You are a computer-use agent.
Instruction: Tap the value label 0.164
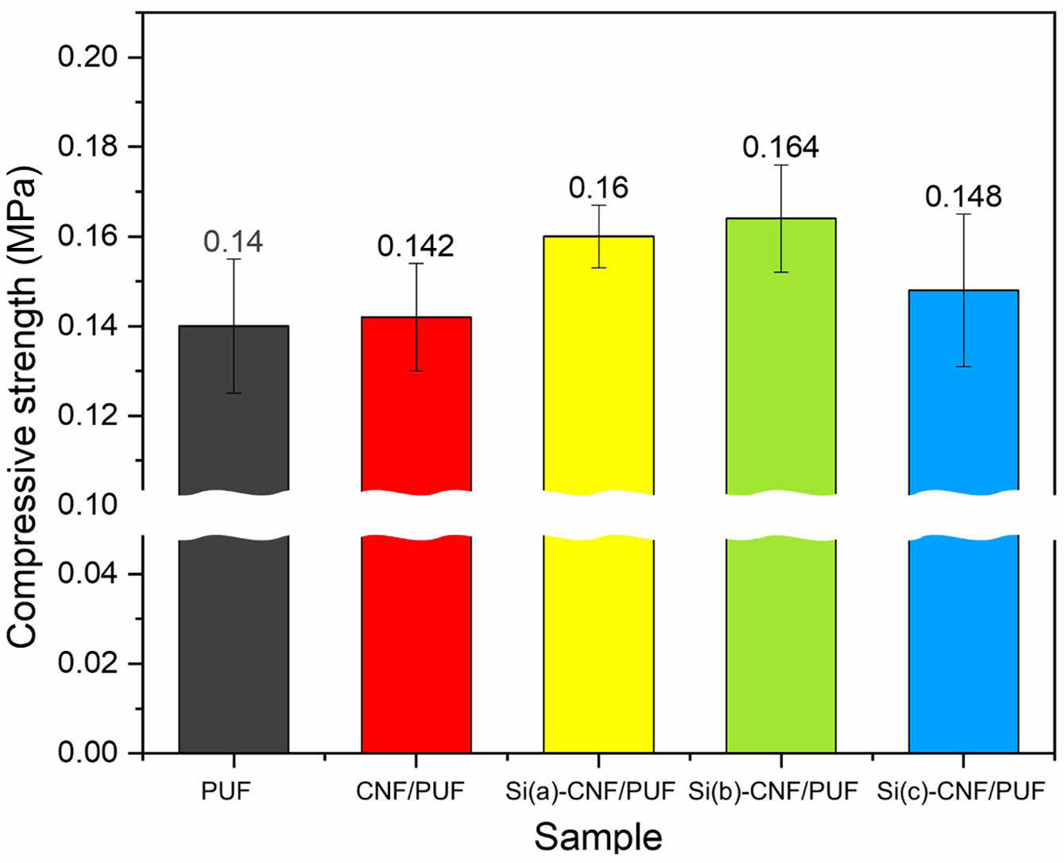(x=781, y=146)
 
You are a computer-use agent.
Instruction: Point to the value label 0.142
(x=416, y=246)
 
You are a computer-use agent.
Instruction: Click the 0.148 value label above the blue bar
(x=963, y=196)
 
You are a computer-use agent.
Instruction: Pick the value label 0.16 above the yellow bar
(x=598, y=188)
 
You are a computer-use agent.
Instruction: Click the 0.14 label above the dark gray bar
(x=234, y=242)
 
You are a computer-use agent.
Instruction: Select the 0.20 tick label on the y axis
(x=89, y=58)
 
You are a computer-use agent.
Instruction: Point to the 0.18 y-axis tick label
(x=89, y=148)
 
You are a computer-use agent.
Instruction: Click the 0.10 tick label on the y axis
(x=89, y=505)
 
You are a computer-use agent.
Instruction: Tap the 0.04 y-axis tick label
(x=89, y=574)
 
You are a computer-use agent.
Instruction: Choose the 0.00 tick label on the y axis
(x=89, y=753)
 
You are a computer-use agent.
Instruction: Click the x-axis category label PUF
(x=226, y=791)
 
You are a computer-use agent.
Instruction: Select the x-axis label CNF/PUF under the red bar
(x=410, y=791)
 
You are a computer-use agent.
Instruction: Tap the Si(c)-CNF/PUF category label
(x=961, y=791)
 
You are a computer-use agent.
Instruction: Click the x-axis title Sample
(x=598, y=836)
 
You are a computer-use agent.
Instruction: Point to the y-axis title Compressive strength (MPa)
(x=23, y=405)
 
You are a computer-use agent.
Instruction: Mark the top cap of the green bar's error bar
(x=781, y=164)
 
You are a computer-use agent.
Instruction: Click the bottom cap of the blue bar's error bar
(x=963, y=366)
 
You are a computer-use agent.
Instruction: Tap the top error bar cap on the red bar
(x=416, y=263)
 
